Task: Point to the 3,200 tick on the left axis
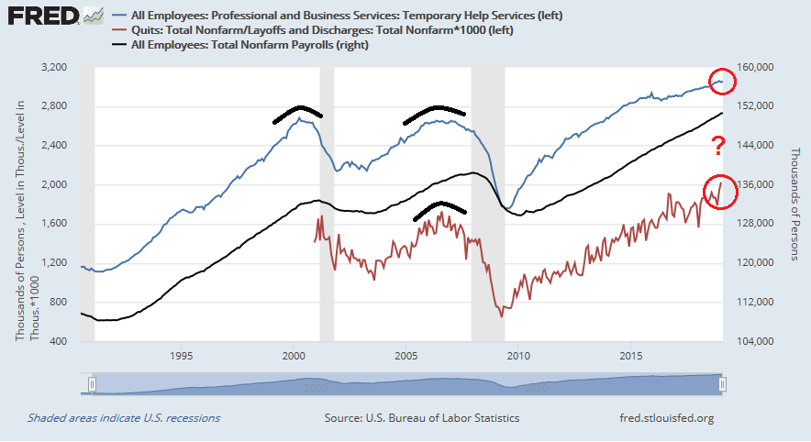(56, 68)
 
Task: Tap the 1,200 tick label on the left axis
(56, 263)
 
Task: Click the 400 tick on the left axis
(61, 341)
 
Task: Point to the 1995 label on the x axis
(181, 355)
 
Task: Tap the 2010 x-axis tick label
(518, 355)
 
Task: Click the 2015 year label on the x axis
(631, 355)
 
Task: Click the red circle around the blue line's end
(721, 83)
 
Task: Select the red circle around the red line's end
(720, 191)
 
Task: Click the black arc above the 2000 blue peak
(297, 113)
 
